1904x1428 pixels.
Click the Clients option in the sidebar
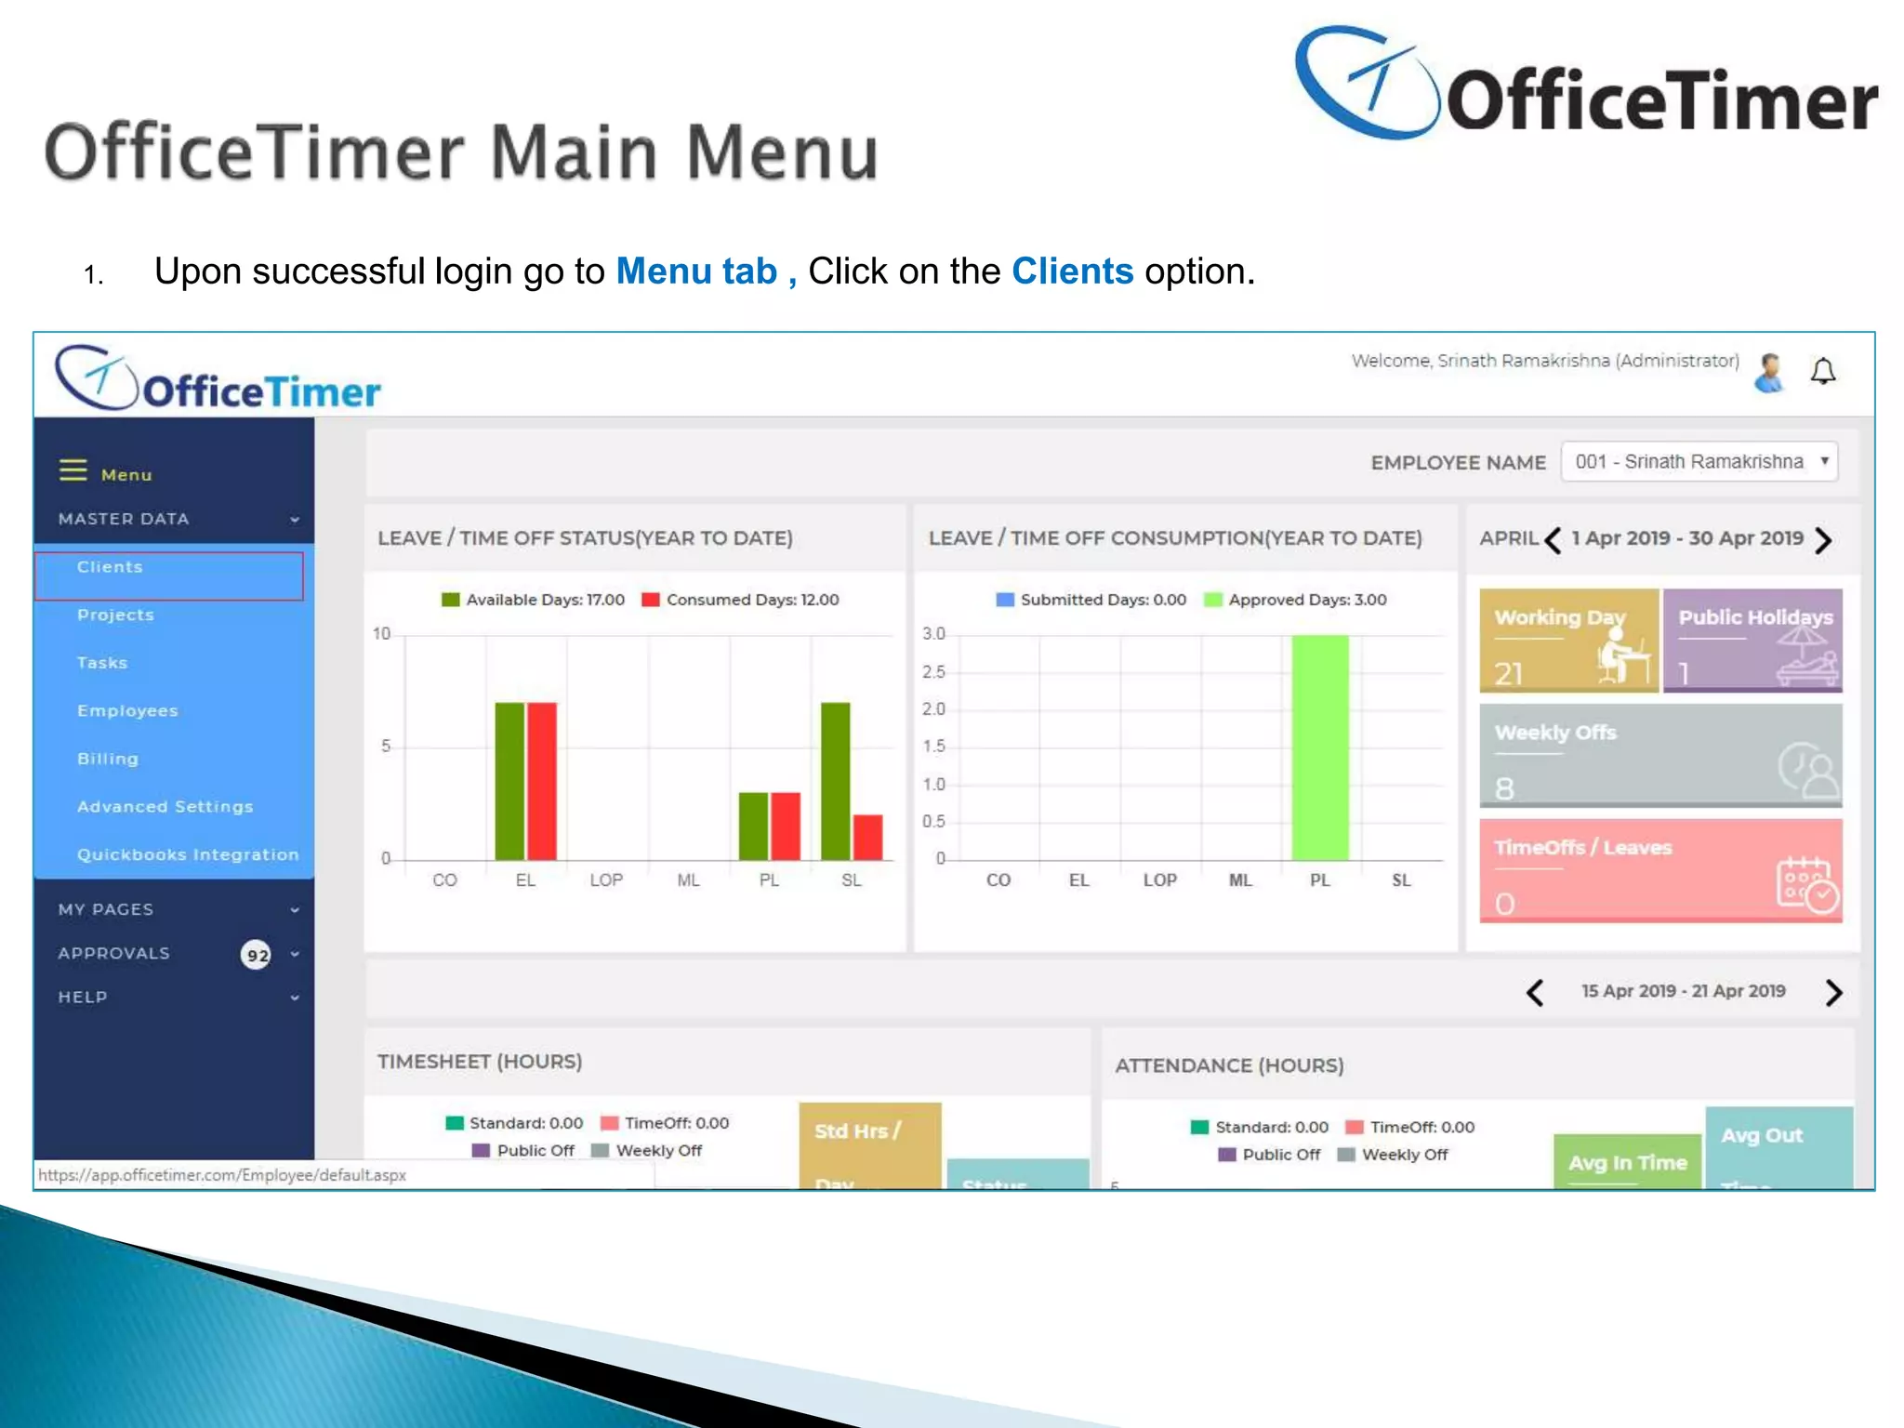pos(110,567)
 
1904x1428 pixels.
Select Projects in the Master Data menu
pos(115,615)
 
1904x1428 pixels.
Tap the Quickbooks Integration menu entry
pos(188,854)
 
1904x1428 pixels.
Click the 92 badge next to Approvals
pos(257,955)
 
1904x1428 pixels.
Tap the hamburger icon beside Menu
pos(73,470)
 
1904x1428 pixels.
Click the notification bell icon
pos(1822,372)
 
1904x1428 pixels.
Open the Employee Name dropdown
pos(1699,462)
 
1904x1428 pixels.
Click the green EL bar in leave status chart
pos(509,780)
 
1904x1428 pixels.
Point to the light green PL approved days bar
pos(1319,747)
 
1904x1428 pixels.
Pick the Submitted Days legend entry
pos(1091,601)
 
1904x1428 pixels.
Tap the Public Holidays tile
pos(1752,641)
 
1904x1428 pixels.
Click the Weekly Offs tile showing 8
pos(1660,755)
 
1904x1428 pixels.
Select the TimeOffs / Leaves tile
pos(1660,870)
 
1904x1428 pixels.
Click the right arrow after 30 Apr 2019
pos(1823,540)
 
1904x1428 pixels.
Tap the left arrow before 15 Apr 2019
pos(1535,993)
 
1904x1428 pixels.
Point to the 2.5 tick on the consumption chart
pos(933,672)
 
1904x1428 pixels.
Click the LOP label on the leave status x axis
pos(606,880)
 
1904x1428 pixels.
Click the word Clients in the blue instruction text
pos(1072,271)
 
